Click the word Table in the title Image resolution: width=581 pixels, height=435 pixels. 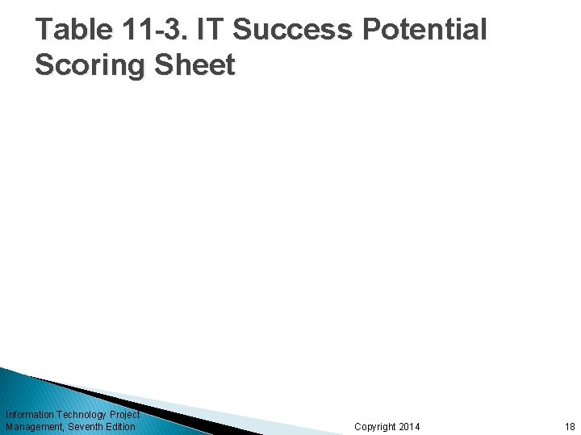point(73,30)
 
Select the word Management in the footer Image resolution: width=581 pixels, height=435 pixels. point(34,426)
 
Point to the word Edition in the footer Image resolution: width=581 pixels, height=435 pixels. point(120,426)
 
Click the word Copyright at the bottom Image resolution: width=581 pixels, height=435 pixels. point(374,426)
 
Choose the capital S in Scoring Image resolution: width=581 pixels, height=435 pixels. point(45,64)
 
